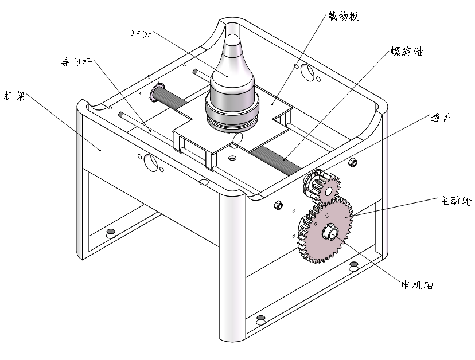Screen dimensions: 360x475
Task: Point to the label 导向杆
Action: point(77,61)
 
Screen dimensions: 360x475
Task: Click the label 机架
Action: point(15,96)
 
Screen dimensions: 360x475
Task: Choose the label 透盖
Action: point(441,119)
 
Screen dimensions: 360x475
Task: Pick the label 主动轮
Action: point(455,201)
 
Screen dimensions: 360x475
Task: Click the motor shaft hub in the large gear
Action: point(330,232)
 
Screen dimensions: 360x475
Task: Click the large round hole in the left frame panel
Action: point(150,162)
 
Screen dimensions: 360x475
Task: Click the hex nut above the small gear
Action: point(353,162)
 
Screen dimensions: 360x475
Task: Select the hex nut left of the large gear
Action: point(278,205)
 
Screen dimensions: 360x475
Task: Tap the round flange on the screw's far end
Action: point(156,95)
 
